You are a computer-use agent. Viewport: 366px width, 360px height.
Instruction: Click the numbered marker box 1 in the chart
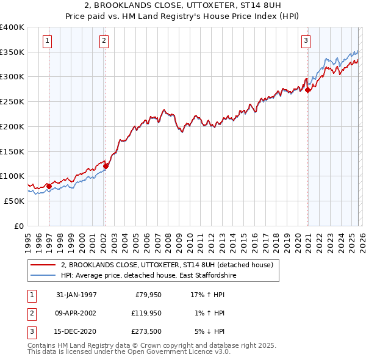48,41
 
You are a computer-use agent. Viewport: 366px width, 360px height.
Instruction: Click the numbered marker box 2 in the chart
104,41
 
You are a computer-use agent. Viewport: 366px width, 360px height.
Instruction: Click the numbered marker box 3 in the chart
306,41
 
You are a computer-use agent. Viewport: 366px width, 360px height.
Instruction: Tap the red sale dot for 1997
49,186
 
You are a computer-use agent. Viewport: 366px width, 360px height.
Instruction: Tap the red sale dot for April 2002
106,165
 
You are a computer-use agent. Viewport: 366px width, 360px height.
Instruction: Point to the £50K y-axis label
15,201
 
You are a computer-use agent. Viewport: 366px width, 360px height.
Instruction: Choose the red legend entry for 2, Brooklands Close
170,265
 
